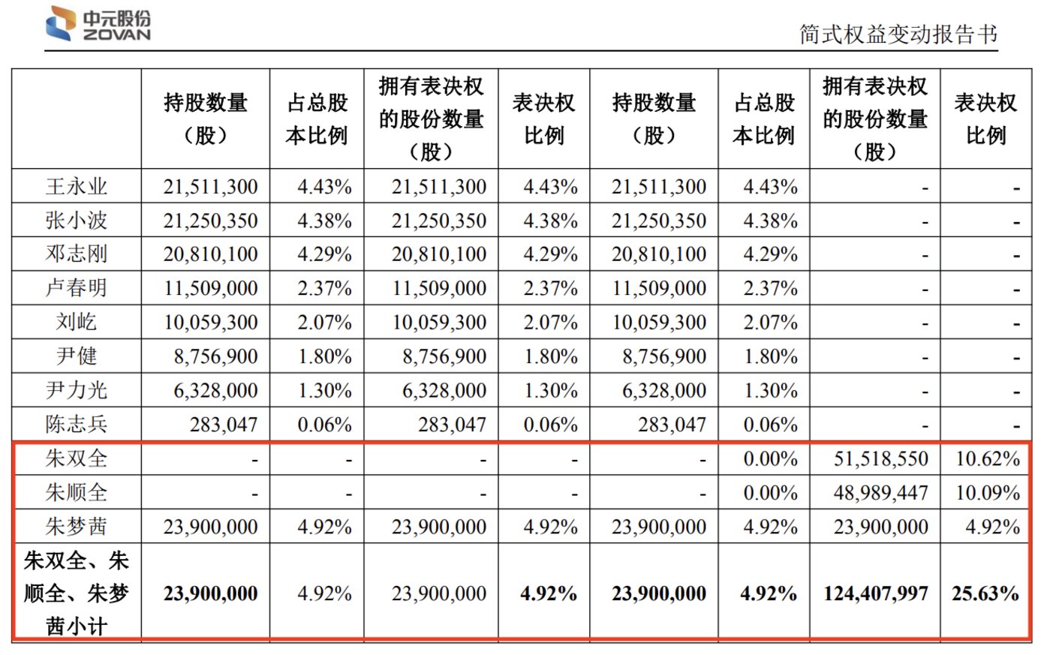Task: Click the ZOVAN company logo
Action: click(x=98, y=24)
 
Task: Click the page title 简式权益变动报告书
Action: click(x=898, y=35)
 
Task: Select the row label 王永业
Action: click(x=77, y=186)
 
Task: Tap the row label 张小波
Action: click(x=77, y=221)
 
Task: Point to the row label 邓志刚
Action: click(x=77, y=254)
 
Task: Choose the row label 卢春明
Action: click(x=77, y=288)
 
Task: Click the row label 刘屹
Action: click(x=77, y=323)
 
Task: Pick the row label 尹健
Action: click(x=77, y=356)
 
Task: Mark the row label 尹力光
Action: click(x=77, y=390)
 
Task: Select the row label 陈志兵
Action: click(x=77, y=425)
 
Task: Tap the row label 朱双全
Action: click(x=77, y=458)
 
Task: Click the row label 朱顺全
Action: click(x=77, y=493)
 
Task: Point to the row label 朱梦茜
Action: click(x=77, y=527)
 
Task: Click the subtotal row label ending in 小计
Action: click(x=77, y=593)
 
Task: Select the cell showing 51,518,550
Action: click(x=880, y=458)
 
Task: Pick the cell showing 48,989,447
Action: click(x=880, y=493)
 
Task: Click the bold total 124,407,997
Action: click(x=875, y=593)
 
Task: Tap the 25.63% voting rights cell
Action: click(x=985, y=593)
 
